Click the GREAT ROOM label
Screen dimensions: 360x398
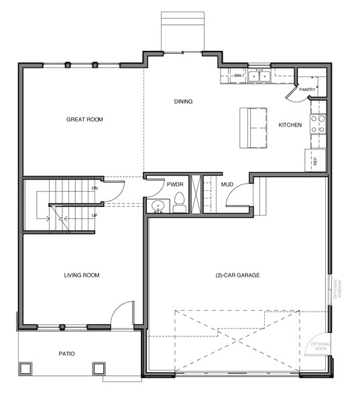click(x=84, y=119)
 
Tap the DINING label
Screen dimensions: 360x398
click(x=183, y=102)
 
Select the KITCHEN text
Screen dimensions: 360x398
click(x=290, y=125)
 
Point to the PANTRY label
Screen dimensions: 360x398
click(x=307, y=90)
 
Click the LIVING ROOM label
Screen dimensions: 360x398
click(x=82, y=275)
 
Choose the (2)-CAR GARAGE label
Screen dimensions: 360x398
click(x=237, y=275)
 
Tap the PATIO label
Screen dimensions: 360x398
click(x=66, y=354)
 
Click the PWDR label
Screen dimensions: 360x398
click(x=175, y=184)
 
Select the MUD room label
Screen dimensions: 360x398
click(x=227, y=184)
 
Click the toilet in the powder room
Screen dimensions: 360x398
click(x=179, y=202)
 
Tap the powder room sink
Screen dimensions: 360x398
click(x=158, y=206)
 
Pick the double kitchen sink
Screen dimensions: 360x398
click(x=259, y=76)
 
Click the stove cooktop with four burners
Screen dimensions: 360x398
click(x=318, y=124)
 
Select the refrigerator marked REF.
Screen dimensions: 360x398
click(x=315, y=160)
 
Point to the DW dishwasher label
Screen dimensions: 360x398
click(x=237, y=76)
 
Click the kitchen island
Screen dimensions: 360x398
click(x=253, y=128)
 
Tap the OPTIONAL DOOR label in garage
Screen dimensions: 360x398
click(x=320, y=346)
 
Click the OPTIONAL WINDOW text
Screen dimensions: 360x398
click(x=337, y=289)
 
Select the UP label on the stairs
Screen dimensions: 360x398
click(x=94, y=216)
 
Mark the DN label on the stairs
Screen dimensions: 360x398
click(x=95, y=188)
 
